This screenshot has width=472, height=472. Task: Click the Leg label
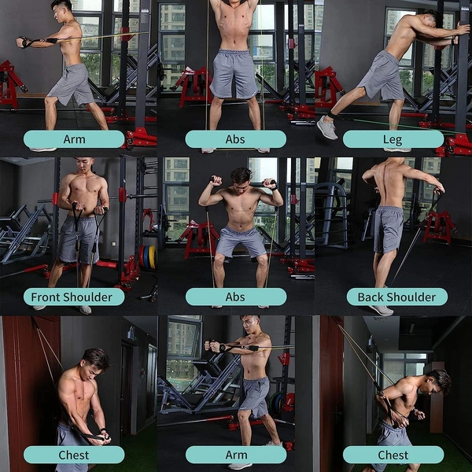click(393, 139)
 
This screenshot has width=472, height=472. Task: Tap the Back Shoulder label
click(396, 297)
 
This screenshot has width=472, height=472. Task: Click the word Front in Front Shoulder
click(48, 297)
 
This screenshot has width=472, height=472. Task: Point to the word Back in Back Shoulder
click(371, 297)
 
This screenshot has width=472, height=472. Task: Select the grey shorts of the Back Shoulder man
click(388, 228)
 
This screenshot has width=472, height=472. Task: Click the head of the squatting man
click(240, 176)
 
